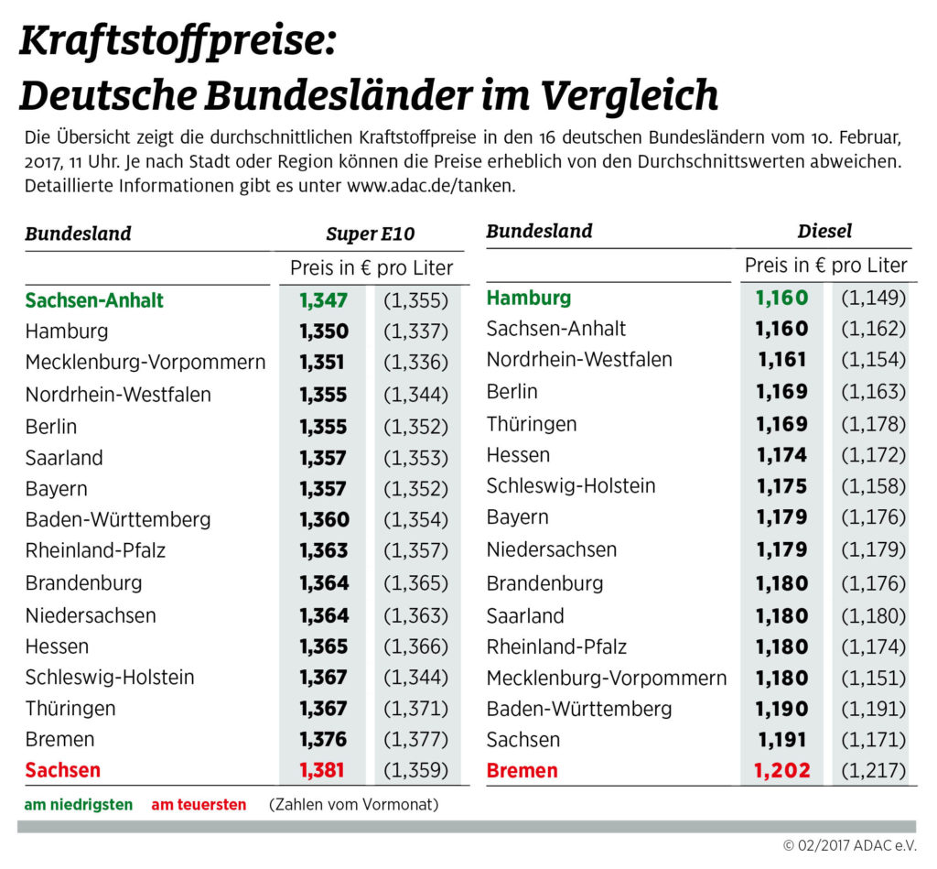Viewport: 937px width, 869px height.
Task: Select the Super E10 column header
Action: (370, 234)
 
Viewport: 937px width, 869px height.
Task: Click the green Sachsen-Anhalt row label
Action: (94, 300)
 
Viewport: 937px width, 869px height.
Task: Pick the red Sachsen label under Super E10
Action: (63, 770)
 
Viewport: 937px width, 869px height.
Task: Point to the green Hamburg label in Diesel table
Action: (528, 298)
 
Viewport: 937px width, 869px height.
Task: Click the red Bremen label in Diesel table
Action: (522, 770)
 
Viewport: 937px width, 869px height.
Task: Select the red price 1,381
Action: (323, 770)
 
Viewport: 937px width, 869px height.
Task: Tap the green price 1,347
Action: (323, 300)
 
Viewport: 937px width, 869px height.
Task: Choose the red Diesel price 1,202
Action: (782, 770)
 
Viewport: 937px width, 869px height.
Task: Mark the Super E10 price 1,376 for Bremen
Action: (323, 739)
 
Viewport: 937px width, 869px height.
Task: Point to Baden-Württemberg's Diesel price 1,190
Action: (782, 709)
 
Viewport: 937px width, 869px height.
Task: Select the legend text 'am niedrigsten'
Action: (79, 805)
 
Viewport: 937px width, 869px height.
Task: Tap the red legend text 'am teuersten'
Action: (199, 805)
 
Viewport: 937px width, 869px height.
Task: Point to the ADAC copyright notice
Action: (849, 845)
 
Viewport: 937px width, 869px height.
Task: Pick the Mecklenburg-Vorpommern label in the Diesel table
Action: (607, 679)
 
